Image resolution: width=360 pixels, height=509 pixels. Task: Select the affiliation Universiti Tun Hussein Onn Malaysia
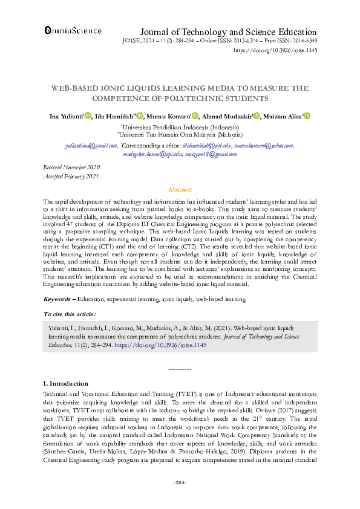[180, 135]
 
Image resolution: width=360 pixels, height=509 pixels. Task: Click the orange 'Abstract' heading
[180, 189]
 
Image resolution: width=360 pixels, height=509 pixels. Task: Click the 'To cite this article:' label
[70, 314]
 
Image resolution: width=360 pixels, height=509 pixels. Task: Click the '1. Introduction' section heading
[67, 383]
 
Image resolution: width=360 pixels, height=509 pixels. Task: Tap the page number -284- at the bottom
[180, 482]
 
